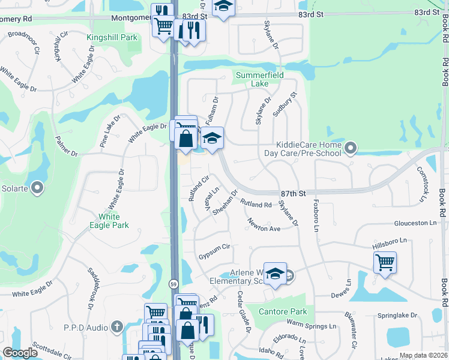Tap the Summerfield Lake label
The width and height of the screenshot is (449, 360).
[x=260, y=79]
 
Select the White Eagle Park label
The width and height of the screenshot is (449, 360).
[x=113, y=221]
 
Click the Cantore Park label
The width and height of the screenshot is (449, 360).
[x=283, y=311]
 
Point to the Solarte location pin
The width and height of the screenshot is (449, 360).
[x=37, y=188]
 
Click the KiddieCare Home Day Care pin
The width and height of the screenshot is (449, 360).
[x=351, y=146]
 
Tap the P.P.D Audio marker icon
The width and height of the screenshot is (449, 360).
[x=117, y=327]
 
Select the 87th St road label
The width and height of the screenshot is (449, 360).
[x=293, y=193]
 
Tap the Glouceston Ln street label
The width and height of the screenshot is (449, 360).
[x=415, y=223]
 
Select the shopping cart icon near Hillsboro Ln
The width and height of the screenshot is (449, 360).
[x=385, y=262]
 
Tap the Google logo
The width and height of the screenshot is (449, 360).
[x=20, y=353]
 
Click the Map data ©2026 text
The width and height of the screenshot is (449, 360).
[x=423, y=355]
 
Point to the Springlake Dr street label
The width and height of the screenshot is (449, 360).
[x=397, y=316]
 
